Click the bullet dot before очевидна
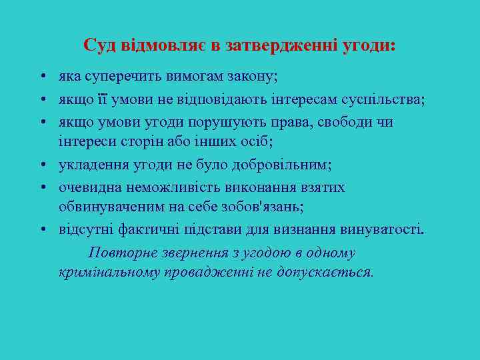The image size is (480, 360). pyautogui.click(x=41, y=187)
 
